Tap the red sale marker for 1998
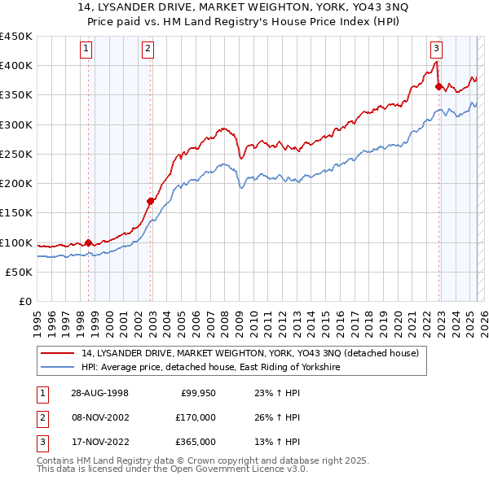[89, 242]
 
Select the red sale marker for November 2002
[150, 200]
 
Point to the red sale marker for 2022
[438, 85]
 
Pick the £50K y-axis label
[19, 272]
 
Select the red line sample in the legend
[58, 354]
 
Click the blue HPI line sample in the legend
[58, 368]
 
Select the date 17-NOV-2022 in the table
[99, 442]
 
